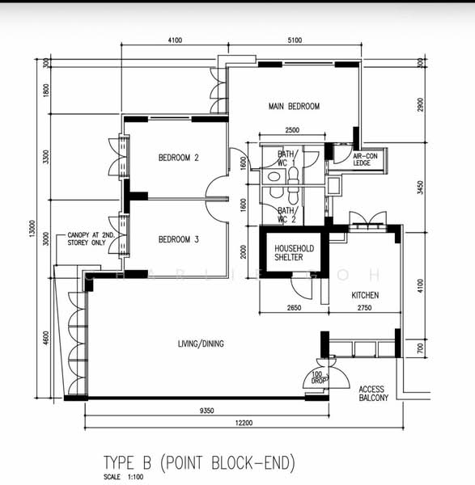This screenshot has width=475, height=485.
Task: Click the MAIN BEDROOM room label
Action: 294,106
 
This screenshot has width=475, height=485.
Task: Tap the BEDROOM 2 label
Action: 178,158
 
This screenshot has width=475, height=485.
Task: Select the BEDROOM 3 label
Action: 178,239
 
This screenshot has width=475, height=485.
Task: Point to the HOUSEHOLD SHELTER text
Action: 289,252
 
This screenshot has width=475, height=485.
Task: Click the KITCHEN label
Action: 364,296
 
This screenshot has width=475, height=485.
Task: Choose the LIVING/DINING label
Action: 201,344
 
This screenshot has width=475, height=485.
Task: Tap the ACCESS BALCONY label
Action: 373,394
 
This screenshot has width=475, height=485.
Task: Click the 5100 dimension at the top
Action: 294,40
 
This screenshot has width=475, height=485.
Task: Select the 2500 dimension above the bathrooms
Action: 293,131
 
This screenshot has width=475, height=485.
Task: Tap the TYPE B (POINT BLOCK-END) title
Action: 199,462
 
